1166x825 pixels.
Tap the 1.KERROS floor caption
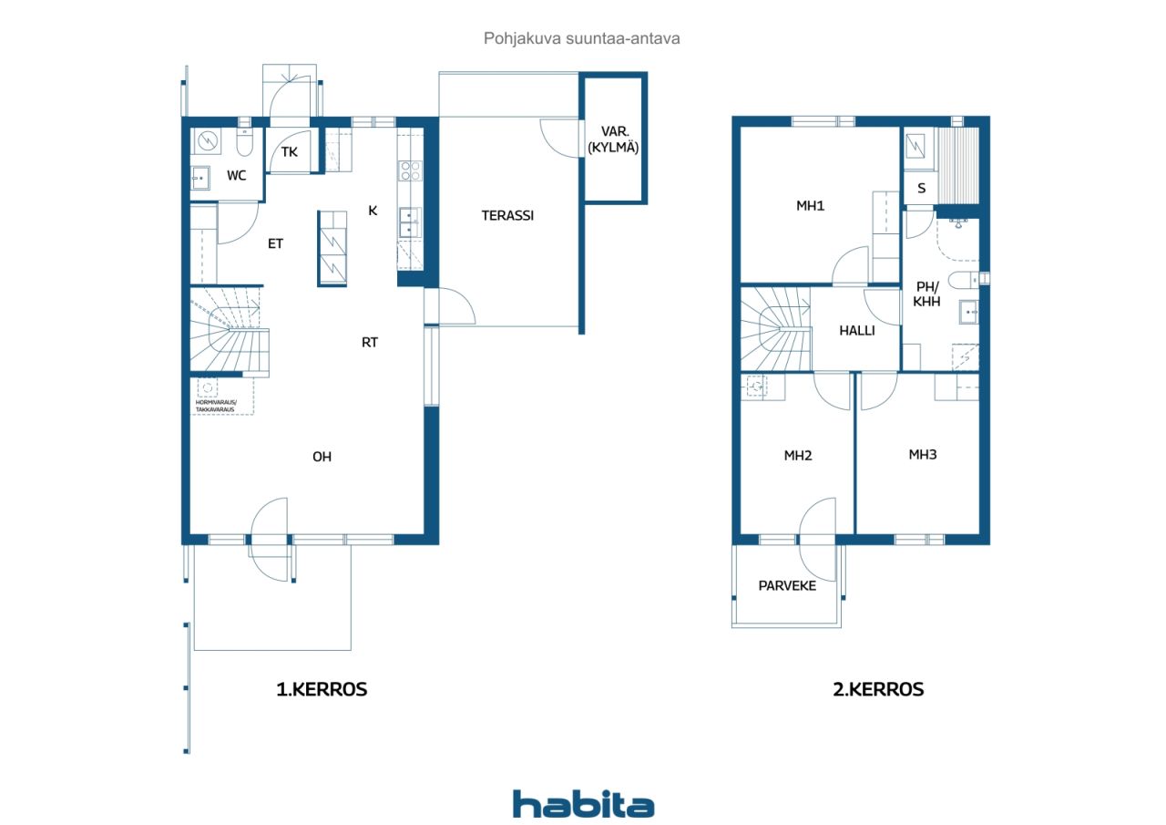[x=322, y=689]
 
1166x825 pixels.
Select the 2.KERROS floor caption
[x=878, y=689]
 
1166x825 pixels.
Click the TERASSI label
[x=507, y=216]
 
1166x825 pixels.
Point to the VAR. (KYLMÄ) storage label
[x=613, y=139]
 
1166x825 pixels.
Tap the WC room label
[x=236, y=176]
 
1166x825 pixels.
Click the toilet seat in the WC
[x=244, y=141]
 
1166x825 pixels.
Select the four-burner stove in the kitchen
[x=410, y=170]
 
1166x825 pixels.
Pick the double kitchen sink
[x=410, y=223]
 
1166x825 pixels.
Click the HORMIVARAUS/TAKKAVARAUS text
[x=216, y=406]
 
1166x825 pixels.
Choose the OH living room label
[x=322, y=457]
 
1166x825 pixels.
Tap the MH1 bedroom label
[x=810, y=206]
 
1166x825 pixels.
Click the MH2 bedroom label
[x=798, y=456]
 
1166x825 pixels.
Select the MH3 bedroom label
[x=923, y=455]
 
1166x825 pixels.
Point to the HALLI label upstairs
[x=857, y=331]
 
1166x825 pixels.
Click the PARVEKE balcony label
[x=787, y=586]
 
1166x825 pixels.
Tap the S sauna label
[x=921, y=188]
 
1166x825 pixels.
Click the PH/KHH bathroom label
[x=927, y=294]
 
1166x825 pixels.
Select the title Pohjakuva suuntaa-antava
[x=581, y=38]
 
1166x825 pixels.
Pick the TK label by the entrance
[x=290, y=152]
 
